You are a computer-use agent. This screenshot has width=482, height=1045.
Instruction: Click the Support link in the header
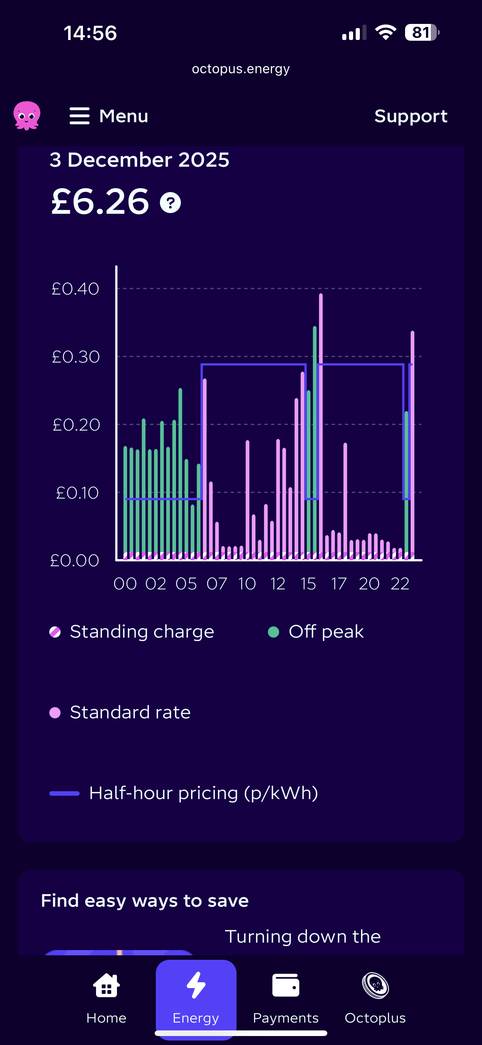pos(411,117)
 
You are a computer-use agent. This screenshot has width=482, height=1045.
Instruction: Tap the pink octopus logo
pos(27,115)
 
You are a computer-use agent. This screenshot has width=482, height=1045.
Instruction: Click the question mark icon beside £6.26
pos(170,203)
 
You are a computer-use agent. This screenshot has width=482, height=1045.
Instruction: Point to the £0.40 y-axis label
pos(75,289)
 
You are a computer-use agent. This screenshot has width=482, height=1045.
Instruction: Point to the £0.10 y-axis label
pos(77,493)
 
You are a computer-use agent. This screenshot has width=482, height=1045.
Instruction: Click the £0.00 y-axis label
pos(75,561)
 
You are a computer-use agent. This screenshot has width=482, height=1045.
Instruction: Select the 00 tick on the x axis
pos(125,584)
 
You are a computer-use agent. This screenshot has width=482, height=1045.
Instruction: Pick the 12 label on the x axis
pos(278,584)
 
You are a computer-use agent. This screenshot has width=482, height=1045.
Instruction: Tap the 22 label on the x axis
pos(400,584)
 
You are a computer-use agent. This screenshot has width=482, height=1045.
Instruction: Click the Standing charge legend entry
pos(132,632)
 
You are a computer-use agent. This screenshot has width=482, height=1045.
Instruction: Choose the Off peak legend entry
pos(316,632)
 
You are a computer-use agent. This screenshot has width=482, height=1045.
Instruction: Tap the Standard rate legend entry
pos(120,712)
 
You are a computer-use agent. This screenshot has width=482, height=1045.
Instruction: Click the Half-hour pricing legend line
pos(64,793)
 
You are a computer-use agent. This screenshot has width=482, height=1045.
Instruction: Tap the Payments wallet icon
pos(285,985)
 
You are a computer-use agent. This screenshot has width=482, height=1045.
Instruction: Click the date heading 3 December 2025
pos(139,160)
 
